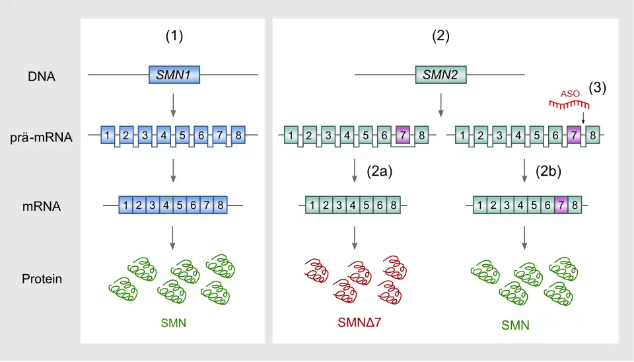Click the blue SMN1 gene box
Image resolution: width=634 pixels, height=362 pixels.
pos(174,75)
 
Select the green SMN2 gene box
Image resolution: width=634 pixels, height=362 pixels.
pos(440,75)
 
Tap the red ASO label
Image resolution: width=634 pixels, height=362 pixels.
pos(570,94)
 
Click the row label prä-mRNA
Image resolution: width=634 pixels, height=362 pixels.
pos(41,137)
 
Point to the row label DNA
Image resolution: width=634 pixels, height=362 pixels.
pos(41,77)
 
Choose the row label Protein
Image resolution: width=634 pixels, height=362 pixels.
pos(42,279)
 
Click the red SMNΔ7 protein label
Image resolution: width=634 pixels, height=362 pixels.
pos(359,322)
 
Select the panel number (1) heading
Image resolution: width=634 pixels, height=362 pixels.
pos(174,36)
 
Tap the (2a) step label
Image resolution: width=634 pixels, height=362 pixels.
pos(380,172)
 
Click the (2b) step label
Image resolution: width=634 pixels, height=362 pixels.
pos(549,172)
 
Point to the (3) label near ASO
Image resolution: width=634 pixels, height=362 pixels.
pos(598,88)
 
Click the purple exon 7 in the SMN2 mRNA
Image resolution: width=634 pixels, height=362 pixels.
pos(561,205)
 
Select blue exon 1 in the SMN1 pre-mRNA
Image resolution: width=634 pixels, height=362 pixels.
pos(107,135)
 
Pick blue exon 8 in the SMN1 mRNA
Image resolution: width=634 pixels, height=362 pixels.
pos(221,205)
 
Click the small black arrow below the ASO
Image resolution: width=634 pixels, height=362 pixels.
pos(583,118)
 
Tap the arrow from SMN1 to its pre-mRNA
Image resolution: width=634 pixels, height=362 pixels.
pos(173,105)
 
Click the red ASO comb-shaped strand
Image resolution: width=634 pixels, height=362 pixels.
pos(569,105)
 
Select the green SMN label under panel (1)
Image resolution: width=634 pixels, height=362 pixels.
pos(174,323)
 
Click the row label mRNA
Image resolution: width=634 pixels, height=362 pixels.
pos(42,207)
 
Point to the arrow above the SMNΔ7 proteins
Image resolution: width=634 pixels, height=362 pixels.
pos(355,238)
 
